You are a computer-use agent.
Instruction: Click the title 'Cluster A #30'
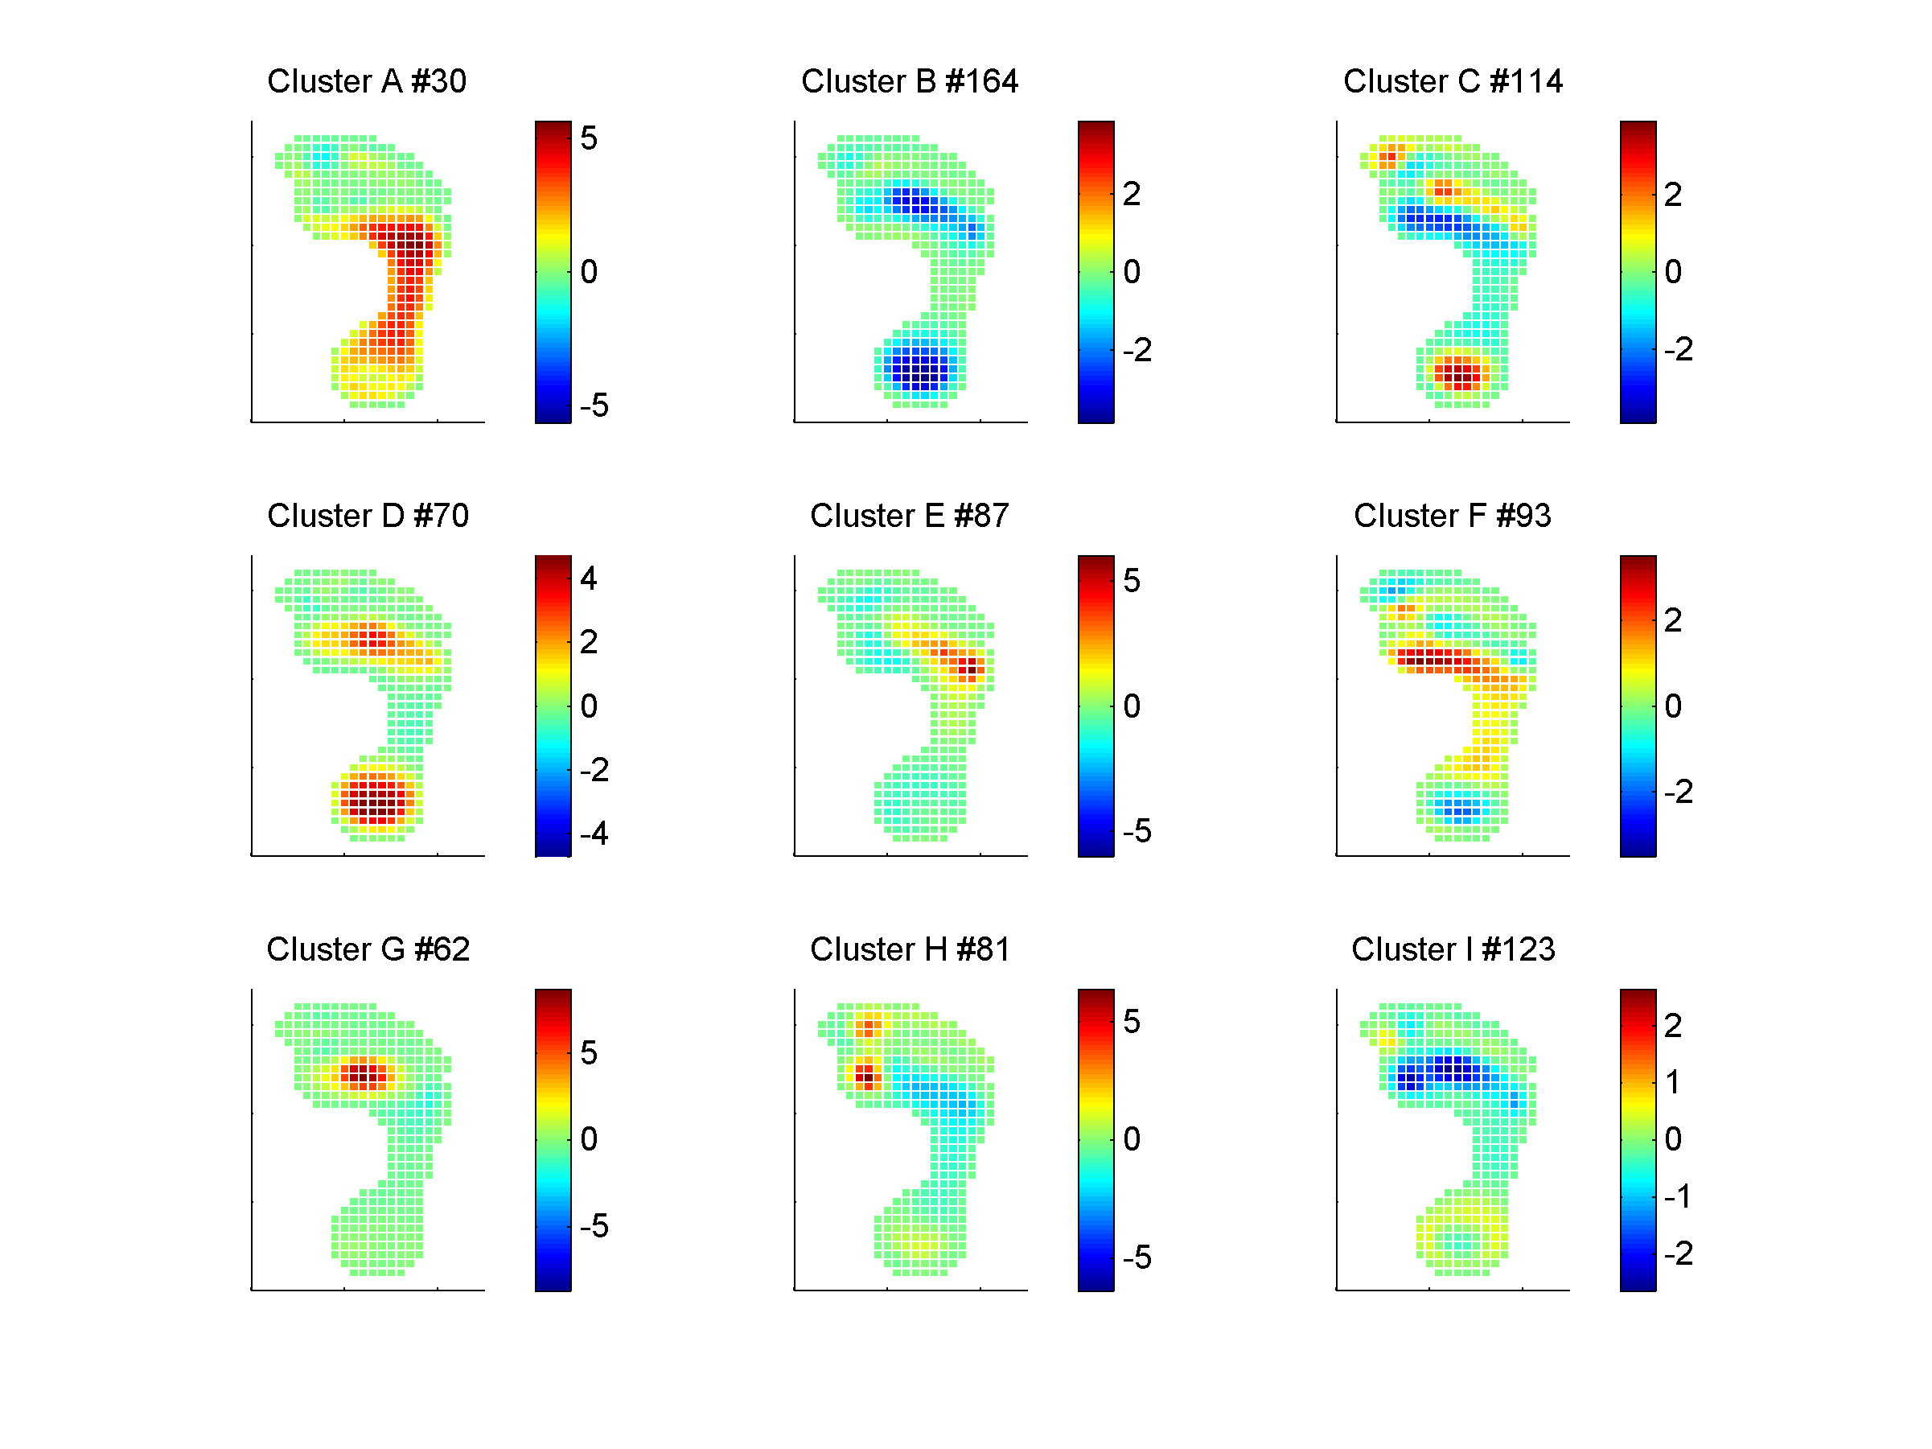366,81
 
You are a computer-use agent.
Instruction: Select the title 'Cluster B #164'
909,81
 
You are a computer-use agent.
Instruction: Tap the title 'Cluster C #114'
1453,81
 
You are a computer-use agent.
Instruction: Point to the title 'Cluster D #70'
368,516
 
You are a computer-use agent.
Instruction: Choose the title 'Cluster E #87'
909,516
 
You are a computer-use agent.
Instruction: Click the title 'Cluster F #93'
1453,516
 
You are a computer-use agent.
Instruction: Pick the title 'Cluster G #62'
368,949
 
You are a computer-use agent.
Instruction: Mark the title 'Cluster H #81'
909,949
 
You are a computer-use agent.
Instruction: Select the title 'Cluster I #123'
1453,949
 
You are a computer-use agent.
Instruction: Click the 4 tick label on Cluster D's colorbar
589,578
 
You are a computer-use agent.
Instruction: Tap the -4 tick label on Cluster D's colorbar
594,834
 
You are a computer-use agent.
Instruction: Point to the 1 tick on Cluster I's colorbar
1671,1082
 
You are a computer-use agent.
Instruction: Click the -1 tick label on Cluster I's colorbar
1677,1196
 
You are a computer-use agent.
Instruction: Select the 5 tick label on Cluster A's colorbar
589,138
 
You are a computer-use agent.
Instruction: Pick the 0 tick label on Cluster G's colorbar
589,1139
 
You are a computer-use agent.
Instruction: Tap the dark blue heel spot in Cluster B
919,368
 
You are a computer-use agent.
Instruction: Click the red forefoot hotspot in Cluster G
363,1072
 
